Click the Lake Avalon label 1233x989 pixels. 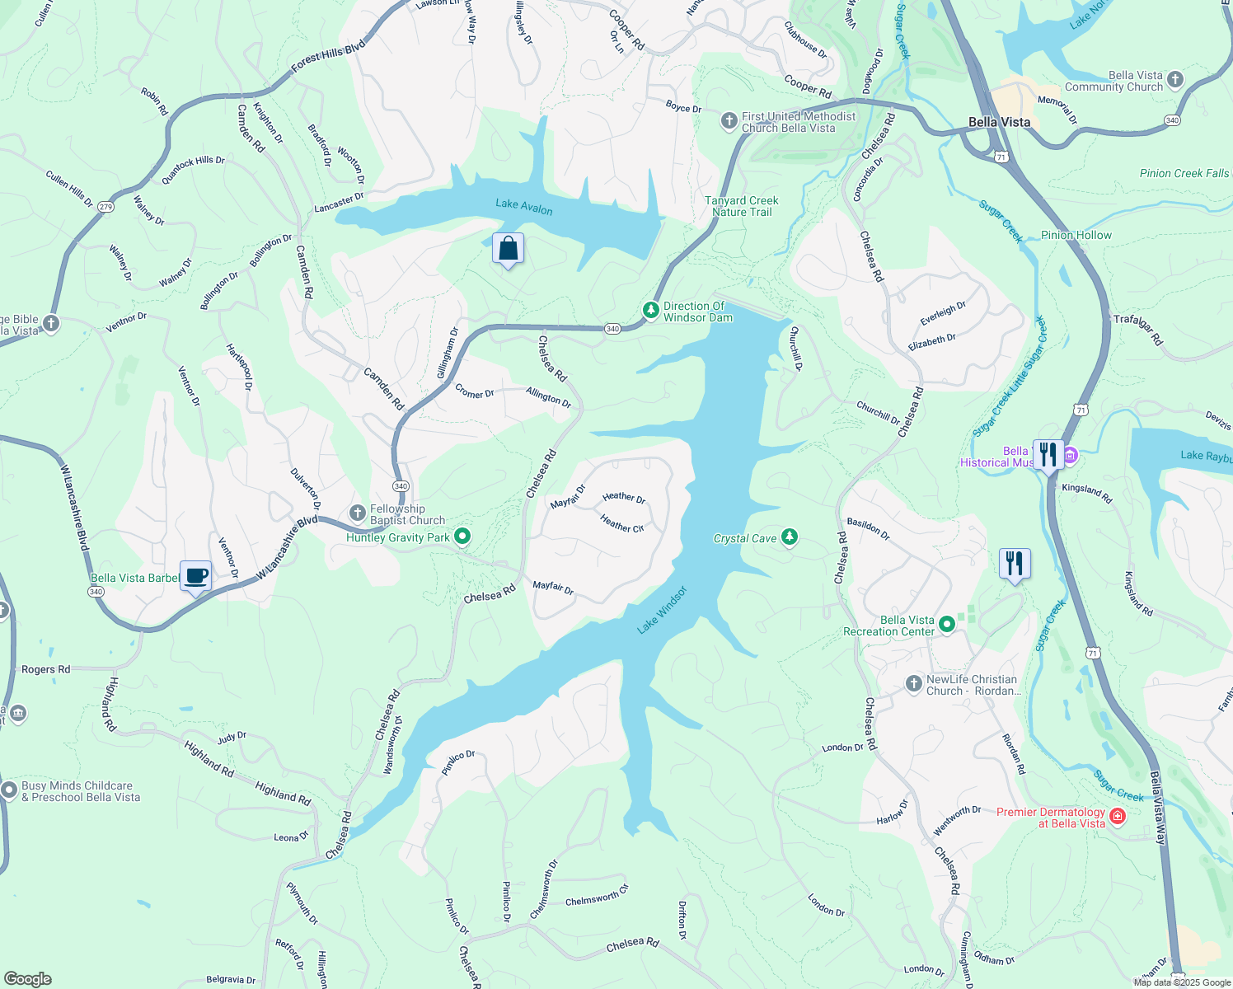[x=524, y=207]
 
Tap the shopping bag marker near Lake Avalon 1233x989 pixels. [x=509, y=249]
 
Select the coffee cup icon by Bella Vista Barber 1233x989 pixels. [x=196, y=576]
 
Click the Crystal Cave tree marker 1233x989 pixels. [x=790, y=537]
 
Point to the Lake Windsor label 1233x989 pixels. [x=662, y=611]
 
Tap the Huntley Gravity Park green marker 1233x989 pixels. [x=462, y=537]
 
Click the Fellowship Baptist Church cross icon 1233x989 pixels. [x=358, y=513]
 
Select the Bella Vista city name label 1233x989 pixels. [x=999, y=122]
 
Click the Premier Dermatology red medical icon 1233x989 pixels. [x=1118, y=817]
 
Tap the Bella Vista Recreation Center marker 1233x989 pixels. [x=947, y=625]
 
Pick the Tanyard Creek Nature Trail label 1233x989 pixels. [x=742, y=206]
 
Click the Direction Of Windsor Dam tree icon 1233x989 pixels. [x=650, y=311]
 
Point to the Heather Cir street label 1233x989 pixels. [x=621, y=523]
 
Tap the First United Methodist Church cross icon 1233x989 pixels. [x=729, y=122]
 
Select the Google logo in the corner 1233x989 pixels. [x=28, y=979]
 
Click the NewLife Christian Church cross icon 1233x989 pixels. [x=913, y=683]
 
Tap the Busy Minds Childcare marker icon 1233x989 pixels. [x=9, y=790]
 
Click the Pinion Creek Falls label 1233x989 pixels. [x=1184, y=173]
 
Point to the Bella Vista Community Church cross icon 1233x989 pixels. [x=1175, y=80]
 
